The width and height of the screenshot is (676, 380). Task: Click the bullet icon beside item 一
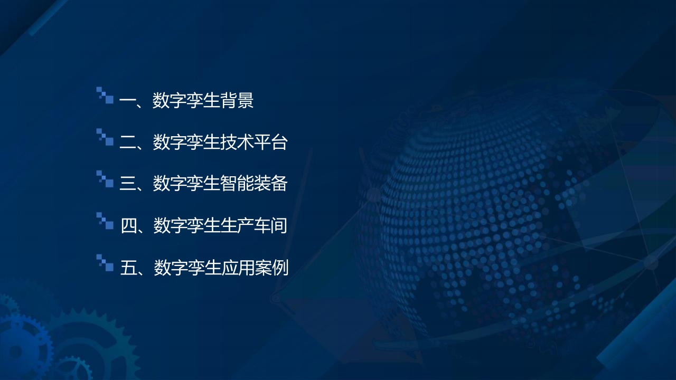tap(105, 96)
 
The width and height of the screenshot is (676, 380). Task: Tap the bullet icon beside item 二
tap(105, 137)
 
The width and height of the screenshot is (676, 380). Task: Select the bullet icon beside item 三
tap(105, 179)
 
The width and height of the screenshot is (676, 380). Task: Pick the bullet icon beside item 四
tap(105, 221)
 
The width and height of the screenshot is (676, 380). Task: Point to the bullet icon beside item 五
tap(105, 263)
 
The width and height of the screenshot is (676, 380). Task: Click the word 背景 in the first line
tap(237, 100)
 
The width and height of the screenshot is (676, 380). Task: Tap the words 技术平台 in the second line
tap(253, 142)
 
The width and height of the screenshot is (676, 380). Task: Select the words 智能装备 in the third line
tap(253, 183)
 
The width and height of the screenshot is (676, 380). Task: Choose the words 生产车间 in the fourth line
tap(253, 225)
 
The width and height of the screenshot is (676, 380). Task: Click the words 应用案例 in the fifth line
tap(255, 267)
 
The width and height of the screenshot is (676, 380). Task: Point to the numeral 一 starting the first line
tap(127, 100)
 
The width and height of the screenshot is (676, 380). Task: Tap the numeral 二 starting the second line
tap(128, 142)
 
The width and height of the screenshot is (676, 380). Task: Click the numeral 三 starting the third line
tap(128, 184)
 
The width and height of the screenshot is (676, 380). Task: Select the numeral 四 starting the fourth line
tap(129, 225)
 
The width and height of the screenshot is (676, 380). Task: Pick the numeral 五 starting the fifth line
tap(129, 267)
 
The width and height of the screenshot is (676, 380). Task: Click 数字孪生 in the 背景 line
tap(186, 100)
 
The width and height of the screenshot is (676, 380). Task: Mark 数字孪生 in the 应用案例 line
tap(187, 267)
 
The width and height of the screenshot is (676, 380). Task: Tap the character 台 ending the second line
tap(279, 142)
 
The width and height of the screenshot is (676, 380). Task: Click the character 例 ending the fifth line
tap(280, 267)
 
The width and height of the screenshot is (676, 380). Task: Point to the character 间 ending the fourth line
tap(279, 225)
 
